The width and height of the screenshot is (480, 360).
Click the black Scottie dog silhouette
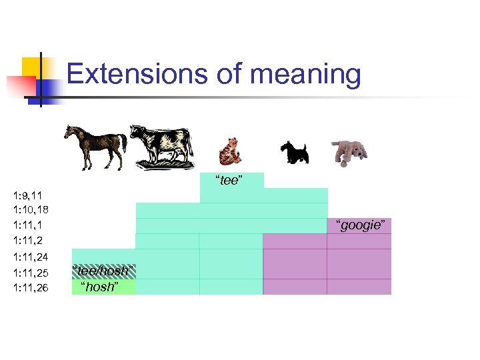(294, 152)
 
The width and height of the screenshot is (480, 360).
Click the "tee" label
(228, 181)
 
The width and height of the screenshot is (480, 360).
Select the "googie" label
(360, 225)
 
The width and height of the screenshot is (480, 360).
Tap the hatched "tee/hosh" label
(103, 271)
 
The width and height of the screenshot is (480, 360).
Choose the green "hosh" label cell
(103, 287)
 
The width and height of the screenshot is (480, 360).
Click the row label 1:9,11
(27, 196)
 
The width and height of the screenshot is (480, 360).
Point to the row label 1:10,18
(30, 210)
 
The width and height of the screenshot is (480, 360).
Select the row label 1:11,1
(27, 225)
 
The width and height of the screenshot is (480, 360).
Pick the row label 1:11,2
(27, 239)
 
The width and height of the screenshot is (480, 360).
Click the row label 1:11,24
(30, 257)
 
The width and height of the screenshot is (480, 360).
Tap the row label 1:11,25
(30, 272)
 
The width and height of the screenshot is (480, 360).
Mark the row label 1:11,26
(30, 287)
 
